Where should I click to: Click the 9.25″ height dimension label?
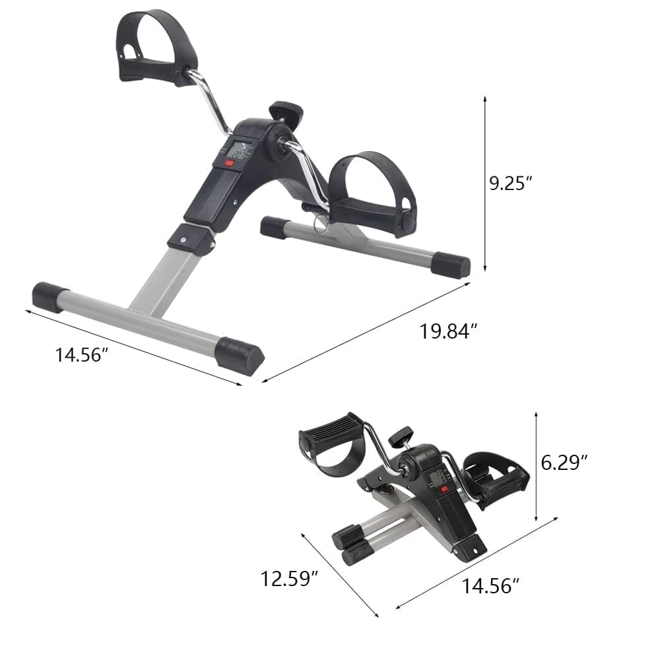click(x=510, y=183)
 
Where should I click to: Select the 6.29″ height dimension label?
click(x=564, y=463)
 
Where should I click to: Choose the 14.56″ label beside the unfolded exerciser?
click(x=81, y=355)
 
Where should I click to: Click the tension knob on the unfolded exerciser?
click(x=285, y=111)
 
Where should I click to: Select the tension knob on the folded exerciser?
click(x=400, y=436)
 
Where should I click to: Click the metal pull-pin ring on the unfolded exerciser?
click(x=320, y=224)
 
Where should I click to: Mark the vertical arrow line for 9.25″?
click(x=485, y=183)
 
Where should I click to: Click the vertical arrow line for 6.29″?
click(x=537, y=465)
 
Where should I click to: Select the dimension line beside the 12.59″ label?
click(x=340, y=574)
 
